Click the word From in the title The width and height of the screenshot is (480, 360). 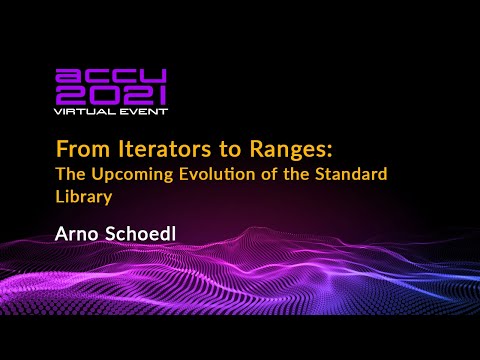pos(74,151)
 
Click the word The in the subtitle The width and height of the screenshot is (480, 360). pos(71,176)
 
